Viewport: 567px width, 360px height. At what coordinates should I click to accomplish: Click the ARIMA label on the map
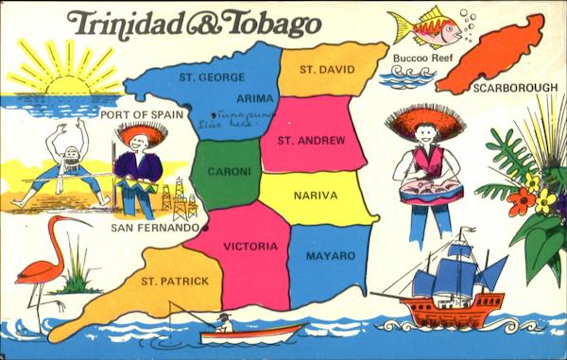[x=255, y=97]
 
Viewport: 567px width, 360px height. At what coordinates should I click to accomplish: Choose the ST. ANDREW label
[x=311, y=141]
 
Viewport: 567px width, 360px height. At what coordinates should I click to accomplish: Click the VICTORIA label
[x=250, y=247]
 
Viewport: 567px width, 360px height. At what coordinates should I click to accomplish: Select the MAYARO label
[x=330, y=256]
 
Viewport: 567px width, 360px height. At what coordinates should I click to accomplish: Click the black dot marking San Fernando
[x=203, y=228]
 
